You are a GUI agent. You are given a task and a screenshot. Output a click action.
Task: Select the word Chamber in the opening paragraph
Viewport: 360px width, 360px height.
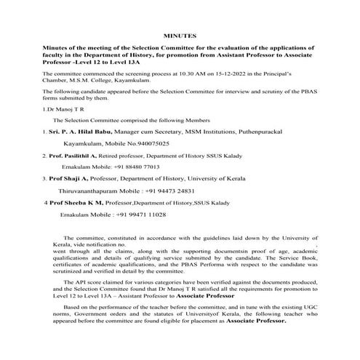pos(57,81)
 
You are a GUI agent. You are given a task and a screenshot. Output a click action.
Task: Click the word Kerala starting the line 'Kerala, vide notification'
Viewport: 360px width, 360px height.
pos(55,245)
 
